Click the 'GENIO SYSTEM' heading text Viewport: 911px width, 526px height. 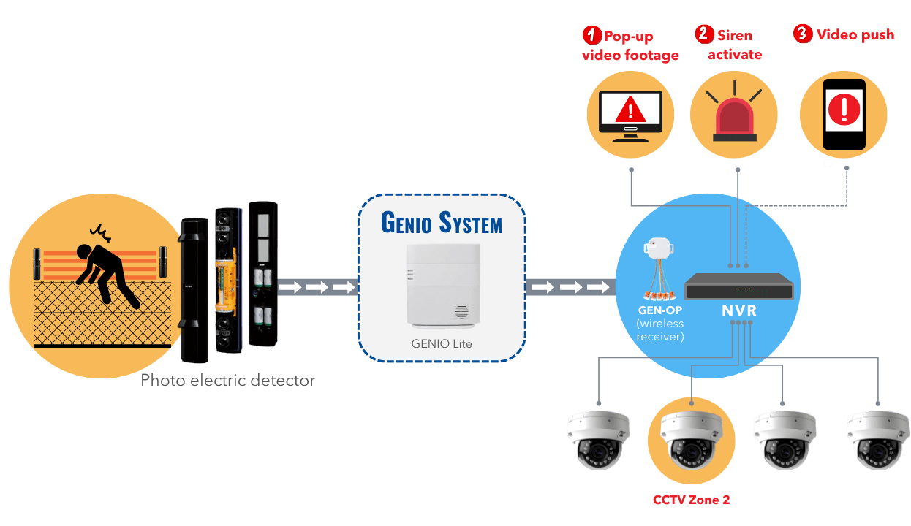[x=441, y=221]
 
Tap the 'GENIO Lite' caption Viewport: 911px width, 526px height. [x=442, y=342]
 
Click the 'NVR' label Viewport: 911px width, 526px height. [x=738, y=310]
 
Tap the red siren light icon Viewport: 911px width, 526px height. [x=736, y=116]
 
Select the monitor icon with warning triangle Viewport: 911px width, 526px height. [x=630, y=115]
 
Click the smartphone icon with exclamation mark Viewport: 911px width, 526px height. [x=844, y=114]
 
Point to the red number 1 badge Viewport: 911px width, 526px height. [x=591, y=34]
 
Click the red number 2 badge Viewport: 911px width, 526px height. [x=703, y=34]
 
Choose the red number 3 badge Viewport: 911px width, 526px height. [x=802, y=34]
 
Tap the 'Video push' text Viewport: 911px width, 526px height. [x=855, y=34]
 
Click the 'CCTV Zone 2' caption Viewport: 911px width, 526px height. [x=691, y=500]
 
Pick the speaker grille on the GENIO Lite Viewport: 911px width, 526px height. [x=461, y=311]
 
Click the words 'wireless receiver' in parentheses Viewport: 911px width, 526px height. [x=660, y=329]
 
